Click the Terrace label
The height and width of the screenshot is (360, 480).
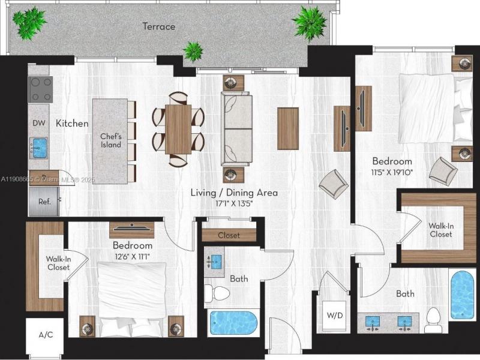[x=159, y=26]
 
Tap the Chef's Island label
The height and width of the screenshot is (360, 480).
[x=110, y=140]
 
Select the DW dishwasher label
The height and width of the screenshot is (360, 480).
[x=39, y=124]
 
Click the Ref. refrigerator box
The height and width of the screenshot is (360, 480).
[x=44, y=202]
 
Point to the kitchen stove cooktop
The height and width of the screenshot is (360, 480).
[x=40, y=89]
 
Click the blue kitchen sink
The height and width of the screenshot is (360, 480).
[x=40, y=146]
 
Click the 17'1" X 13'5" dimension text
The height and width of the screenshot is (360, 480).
[x=234, y=203]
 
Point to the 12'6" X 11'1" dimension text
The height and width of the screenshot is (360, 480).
[x=131, y=257]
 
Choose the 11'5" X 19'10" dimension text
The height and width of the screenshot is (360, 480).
[x=392, y=172]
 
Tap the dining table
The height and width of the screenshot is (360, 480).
[x=178, y=129]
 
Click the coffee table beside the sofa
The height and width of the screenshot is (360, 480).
[x=288, y=128]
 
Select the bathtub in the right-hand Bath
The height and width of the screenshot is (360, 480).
[x=462, y=295]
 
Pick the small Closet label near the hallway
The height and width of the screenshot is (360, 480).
[x=229, y=235]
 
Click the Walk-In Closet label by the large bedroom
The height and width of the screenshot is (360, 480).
[x=440, y=230]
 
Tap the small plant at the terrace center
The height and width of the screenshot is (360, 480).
[x=193, y=51]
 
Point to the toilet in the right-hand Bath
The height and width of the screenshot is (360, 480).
[x=433, y=319]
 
